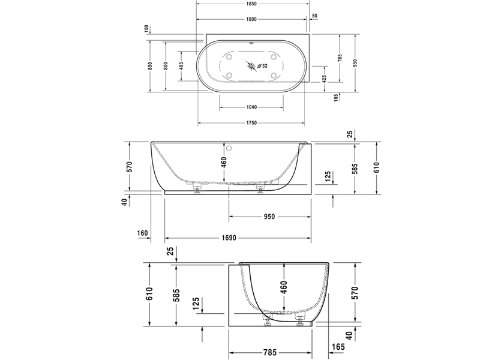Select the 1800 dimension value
point(251,20)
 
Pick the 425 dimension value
point(325,78)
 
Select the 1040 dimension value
point(251,107)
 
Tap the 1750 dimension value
point(251,123)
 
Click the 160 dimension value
point(142,233)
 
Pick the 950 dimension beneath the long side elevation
point(269,216)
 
